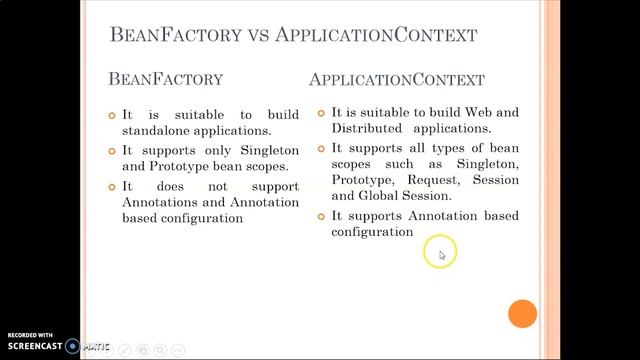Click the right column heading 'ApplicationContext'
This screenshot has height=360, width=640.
coord(397,79)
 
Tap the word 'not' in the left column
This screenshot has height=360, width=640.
coord(218,186)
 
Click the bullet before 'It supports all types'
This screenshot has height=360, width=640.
coord(321,148)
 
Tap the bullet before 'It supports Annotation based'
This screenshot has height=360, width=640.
coord(321,216)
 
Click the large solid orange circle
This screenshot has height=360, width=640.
coord(523,314)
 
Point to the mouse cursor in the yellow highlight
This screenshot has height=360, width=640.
coord(442,255)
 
